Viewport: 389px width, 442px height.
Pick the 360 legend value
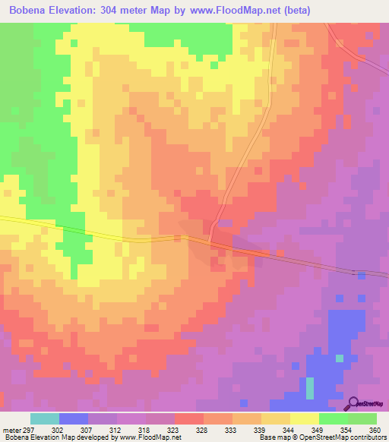pos(374,429)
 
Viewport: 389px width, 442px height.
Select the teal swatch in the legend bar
pos(45,418)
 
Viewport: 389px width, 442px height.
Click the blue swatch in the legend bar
pos(74,418)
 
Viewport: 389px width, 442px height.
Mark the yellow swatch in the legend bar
pos(305,418)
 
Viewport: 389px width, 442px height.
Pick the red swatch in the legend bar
pos(189,418)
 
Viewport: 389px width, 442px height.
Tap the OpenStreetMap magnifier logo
pos(352,404)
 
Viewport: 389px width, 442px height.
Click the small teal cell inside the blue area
pos(310,388)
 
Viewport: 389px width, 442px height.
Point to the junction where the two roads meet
pos(210,242)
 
